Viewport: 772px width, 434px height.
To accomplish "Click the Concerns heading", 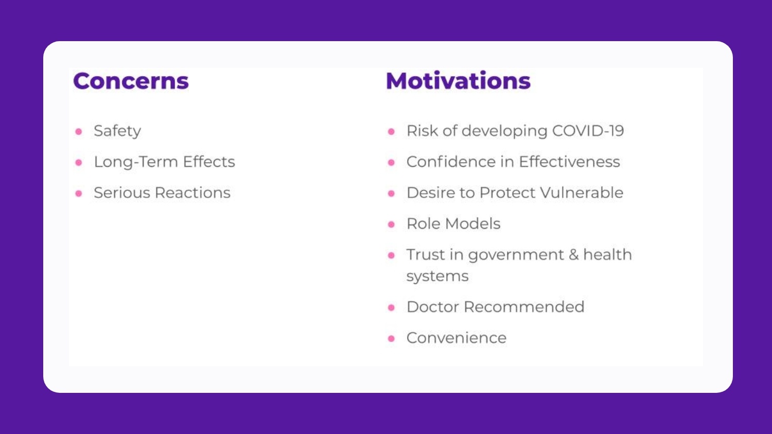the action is pos(131,81).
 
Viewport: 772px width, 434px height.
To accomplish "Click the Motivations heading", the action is pos(458,81).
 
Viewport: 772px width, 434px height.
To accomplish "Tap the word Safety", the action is pos(117,131).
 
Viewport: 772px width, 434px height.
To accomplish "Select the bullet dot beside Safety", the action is pos(79,132).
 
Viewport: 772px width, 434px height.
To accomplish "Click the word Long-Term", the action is pos(136,162).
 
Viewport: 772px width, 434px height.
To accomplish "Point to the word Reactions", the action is pos(192,192).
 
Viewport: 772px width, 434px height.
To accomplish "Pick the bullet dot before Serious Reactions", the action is pos(79,193).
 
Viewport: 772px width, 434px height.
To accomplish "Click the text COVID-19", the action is pos(588,131).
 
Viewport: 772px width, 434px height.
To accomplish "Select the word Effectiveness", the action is pos(569,162).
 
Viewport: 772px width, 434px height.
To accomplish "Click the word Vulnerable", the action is pos(582,192).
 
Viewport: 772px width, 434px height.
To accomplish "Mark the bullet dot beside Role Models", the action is pos(391,225).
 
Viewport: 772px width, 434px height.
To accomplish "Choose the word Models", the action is pos(472,224).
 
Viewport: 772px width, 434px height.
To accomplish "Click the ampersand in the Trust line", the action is pos(573,255).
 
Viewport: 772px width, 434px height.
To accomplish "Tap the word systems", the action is pos(437,276).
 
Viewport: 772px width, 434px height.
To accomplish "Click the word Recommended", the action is pos(524,307).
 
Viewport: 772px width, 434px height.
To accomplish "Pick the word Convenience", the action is pos(457,338).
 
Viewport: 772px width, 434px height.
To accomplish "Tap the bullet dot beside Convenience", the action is pos(391,338).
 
